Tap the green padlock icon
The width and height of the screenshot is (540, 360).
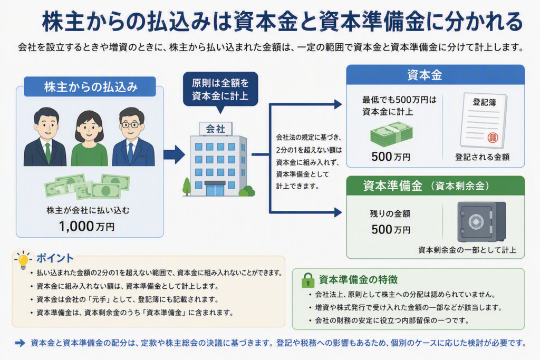tap(307, 280)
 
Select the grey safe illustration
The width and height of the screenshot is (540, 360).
tap(481, 222)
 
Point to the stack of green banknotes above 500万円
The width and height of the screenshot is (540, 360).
tap(392, 134)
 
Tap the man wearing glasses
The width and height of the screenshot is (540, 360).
tap(133, 137)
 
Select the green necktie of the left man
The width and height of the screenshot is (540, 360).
tap(48, 153)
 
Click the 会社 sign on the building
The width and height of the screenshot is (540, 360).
tap(216, 129)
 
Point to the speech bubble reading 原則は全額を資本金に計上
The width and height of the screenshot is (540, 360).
tap(220, 90)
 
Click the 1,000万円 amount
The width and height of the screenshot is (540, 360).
tap(86, 227)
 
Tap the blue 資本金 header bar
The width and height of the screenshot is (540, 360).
tap(435, 75)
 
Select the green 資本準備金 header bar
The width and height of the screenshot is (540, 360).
tap(435, 186)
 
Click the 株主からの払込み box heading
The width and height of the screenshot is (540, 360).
tap(90, 87)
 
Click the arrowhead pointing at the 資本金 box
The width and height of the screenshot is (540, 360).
tap(338, 104)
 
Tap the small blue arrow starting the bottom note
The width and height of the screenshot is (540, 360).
tap(20, 343)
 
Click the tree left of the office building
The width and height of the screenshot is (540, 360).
tap(187, 187)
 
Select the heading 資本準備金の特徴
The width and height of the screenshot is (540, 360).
tap(358, 280)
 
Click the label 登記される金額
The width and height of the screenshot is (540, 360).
tap(482, 157)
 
